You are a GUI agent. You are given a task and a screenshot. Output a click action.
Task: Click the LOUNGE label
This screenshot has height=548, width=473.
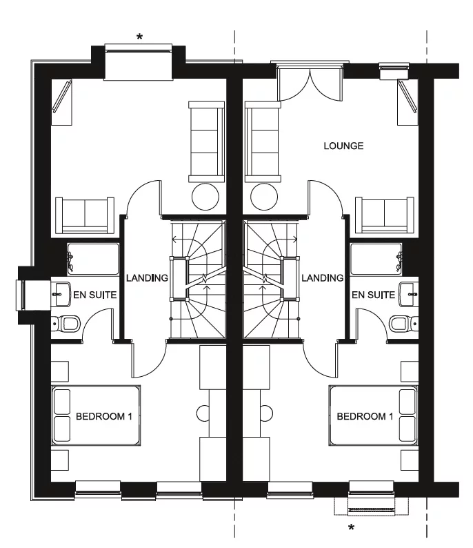343,146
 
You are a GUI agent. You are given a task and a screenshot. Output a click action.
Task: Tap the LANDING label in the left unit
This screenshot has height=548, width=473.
147,278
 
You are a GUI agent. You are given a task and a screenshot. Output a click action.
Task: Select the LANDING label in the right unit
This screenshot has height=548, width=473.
322,278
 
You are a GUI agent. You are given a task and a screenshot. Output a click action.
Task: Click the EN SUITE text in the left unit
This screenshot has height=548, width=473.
95,295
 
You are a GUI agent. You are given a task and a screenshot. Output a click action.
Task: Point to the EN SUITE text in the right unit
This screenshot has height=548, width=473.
373,295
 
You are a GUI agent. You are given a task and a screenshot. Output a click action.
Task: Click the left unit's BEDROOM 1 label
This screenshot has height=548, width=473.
104,416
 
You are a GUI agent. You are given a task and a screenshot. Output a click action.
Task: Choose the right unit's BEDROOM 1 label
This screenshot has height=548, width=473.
365,416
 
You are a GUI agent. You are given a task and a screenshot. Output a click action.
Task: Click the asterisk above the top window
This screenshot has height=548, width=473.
139,37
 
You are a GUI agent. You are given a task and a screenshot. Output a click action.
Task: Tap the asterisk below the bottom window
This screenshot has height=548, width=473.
351,529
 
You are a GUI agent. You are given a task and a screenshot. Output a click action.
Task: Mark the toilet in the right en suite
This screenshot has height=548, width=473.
402,323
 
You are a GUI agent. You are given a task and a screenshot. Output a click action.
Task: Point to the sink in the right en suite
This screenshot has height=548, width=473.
407,294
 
